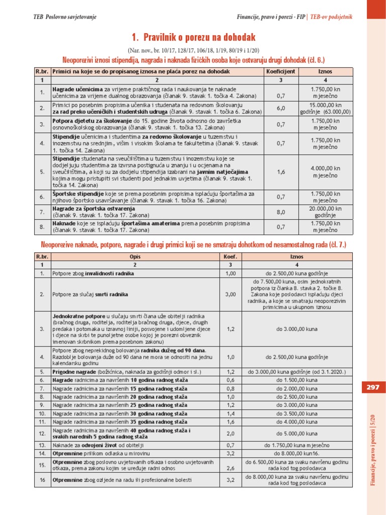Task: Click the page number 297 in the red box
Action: pyautogui.click(x=372, y=387)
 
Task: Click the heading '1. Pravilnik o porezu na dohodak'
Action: pyautogui.click(x=194, y=37)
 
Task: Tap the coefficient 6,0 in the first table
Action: pyautogui.click(x=281, y=108)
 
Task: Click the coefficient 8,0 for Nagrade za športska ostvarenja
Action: pyautogui.click(x=281, y=212)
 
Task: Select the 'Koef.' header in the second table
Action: pyautogui.click(x=231, y=256)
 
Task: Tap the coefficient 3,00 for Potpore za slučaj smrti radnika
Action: pyautogui.click(x=231, y=294)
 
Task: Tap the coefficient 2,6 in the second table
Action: pyautogui.click(x=231, y=468)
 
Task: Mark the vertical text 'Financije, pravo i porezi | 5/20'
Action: pyautogui.click(x=373, y=448)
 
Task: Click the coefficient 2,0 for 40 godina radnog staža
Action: pyautogui.click(x=231, y=433)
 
